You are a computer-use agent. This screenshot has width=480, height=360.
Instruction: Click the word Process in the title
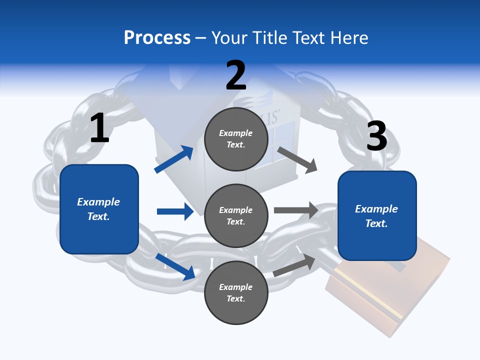(x=157, y=37)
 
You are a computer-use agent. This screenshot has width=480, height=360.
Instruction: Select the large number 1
(x=99, y=128)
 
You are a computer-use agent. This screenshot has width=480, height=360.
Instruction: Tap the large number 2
(x=236, y=75)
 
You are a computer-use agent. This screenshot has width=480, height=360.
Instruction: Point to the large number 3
(x=376, y=136)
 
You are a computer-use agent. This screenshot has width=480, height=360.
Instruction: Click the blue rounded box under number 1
(x=99, y=209)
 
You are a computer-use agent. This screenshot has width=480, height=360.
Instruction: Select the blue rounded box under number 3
(x=377, y=216)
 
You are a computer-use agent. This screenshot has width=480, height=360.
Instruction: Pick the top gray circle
(x=236, y=139)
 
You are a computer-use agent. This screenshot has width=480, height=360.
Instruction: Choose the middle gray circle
(x=236, y=216)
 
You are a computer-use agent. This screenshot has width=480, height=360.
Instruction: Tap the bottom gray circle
(x=236, y=293)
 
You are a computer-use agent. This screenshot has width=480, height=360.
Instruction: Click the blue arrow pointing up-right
(x=174, y=159)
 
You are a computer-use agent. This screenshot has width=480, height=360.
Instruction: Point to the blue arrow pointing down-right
(x=175, y=266)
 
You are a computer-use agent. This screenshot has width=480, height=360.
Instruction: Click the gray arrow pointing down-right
(x=297, y=159)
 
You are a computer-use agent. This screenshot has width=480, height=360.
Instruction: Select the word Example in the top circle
(x=236, y=133)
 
